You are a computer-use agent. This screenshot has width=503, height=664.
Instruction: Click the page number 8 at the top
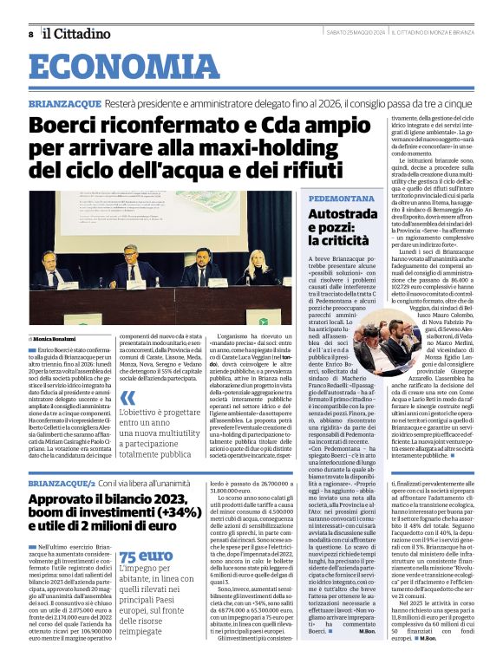[x=31, y=33]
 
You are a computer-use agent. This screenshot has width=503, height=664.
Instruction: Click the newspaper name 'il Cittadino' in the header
[x=79, y=33]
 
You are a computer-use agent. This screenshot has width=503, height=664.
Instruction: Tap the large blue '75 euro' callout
[x=145, y=556]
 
